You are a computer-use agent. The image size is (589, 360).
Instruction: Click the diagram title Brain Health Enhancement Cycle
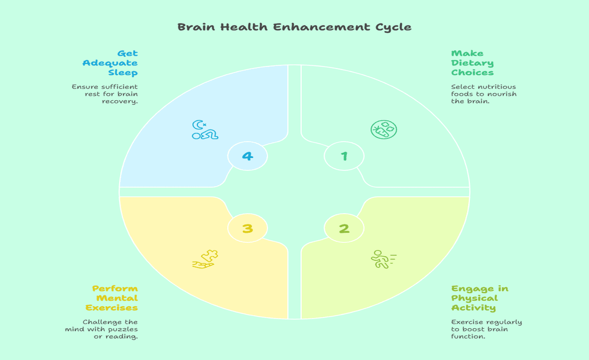click(294, 27)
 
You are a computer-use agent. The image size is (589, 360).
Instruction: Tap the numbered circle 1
click(344, 156)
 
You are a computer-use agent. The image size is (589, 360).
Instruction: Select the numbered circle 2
click(344, 228)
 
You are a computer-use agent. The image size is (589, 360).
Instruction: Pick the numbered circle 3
click(247, 228)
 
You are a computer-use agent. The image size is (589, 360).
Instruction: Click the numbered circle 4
click(247, 156)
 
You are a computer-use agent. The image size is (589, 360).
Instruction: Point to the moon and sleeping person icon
click(205, 130)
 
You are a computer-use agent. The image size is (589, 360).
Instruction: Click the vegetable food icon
click(383, 130)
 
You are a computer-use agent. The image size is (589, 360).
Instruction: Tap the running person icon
click(383, 259)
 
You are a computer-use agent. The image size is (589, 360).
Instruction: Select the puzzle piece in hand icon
click(206, 259)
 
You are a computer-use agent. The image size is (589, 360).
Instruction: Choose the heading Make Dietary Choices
click(472, 63)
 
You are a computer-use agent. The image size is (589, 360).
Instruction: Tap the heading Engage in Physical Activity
click(479, 298)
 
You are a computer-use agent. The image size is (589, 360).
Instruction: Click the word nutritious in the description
click(499, 87)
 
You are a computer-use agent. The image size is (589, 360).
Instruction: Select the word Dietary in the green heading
click(472, 63)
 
